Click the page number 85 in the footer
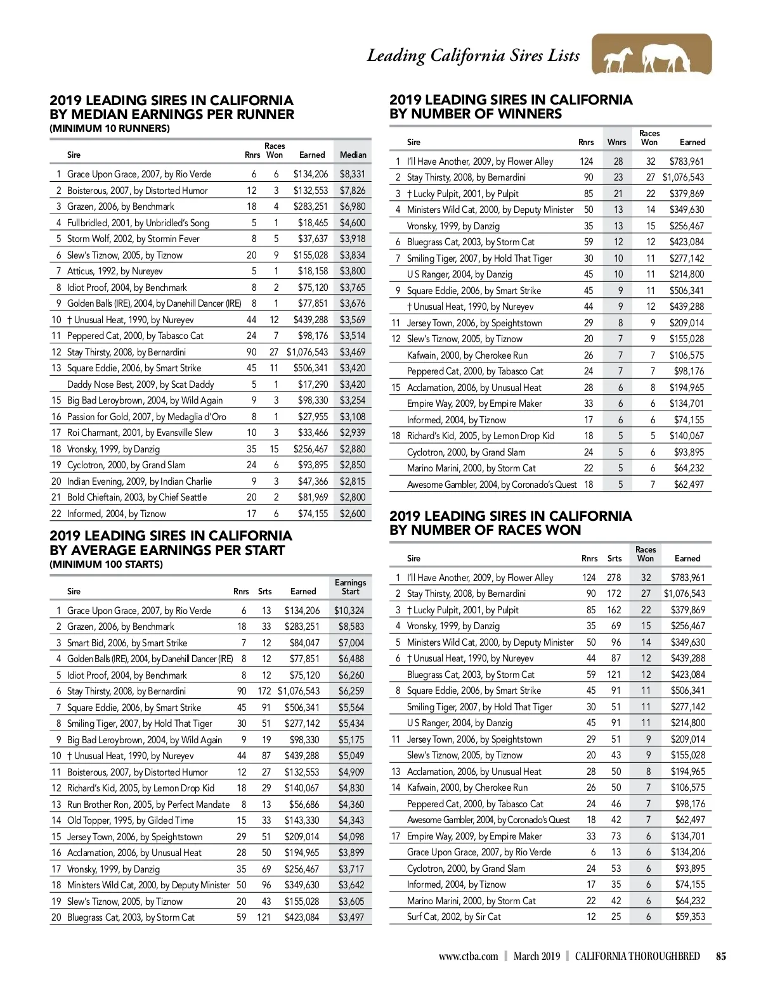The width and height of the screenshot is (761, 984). pyautogui.click(x=721, y=957)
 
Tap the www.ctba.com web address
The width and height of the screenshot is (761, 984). pyautogui.click(x=468, y=957)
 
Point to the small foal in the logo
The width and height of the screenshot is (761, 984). pyautogui.click(x=617, y=60)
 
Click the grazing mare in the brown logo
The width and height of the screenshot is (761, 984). pyautogui.click(x=666, y=58)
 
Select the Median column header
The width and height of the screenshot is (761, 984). pyautogui.click(x=353, y=155)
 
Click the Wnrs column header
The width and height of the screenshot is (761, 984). pyautogui.click(x=616, y=143)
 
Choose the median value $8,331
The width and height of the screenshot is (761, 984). pyautogui.click(x=352, y=174)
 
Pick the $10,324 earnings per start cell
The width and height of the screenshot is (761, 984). pyautogui.click(x=349, y=611)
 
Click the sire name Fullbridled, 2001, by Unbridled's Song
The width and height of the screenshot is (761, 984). pyautogui.click(x=138, y=223)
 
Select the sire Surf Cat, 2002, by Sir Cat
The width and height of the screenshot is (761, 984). pyautogui.click(x=453, y=917)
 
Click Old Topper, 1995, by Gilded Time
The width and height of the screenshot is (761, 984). pyautogui.click(x=130, y=821)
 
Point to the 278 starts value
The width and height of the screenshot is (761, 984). pyautogui.click(x=613, y=578)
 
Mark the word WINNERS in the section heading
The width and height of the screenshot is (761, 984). pyautogui.click(x=521, y=114)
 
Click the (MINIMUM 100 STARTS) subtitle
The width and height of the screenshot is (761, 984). pyautogui.click(x=106, y=564)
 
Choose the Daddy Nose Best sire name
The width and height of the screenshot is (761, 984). pyautogui.click(x=140, y=385)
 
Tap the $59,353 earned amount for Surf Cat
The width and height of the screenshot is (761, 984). pyautogui.click(x=689, y=917)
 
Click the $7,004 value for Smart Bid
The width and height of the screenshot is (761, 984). pyautogui.click(x=351, y=643)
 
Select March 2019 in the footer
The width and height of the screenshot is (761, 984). pyautogui.click(x=537, y=957)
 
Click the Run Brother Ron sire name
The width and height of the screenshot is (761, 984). pyautogui.click(x=148, y=805)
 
